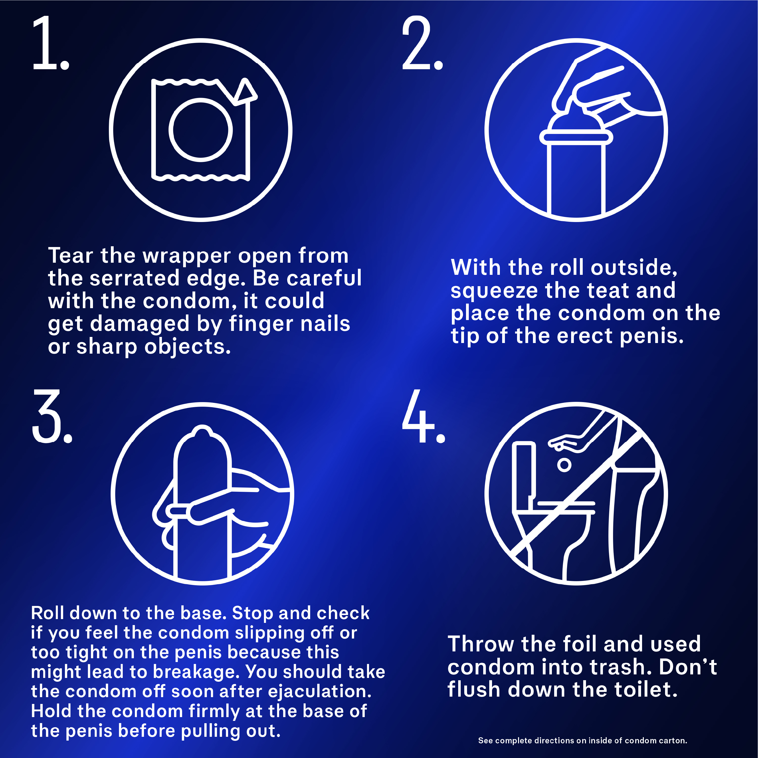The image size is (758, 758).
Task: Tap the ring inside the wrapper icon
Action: pos(201,130)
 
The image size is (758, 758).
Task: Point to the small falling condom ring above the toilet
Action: pos(564,465)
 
